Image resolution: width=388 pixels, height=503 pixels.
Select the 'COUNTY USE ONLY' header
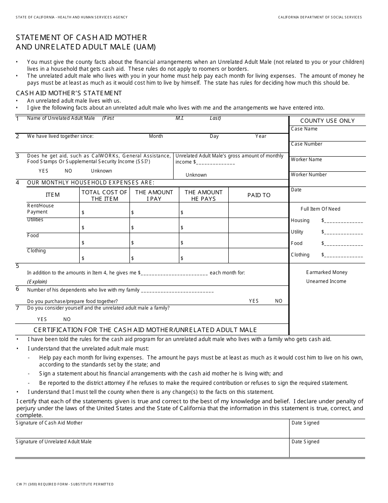tap(327, 121)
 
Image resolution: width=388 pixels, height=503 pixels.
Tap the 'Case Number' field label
tap(306, 144)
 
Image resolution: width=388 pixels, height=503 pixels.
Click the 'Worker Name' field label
tap(306, 159)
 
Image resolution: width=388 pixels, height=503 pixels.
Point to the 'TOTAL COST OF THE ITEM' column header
tap(104, 195)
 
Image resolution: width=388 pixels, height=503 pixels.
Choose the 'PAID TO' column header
tap(259, 195)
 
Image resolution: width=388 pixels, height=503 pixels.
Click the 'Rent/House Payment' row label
tap(40, 209)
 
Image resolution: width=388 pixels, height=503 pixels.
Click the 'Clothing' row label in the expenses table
tap(36, 251)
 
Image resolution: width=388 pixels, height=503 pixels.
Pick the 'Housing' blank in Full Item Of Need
tap(342, 221)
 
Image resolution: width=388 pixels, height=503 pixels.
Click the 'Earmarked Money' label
tap(327, 272)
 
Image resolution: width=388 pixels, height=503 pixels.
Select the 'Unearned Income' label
tap(326, 281)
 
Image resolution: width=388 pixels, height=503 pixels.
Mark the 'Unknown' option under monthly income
tap(196, 175)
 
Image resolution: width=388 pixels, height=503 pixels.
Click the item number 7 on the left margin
tap(17, 308)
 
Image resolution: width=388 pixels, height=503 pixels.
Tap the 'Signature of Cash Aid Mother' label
tap(49, 423)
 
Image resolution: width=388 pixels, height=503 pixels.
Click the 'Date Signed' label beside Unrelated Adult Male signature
tap(305, 442)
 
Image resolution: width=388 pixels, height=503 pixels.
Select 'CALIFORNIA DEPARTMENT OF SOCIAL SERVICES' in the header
tap(320, 17)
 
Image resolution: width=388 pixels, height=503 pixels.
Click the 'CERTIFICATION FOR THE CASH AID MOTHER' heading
tap(145, 330)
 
